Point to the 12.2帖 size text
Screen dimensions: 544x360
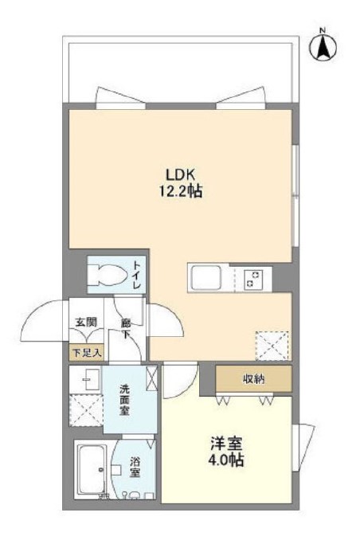pyautogui.click(x=181, y=192)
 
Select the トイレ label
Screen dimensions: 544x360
pyautogui.click(x=137, y=275)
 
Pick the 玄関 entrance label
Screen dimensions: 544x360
pyautogui.click(x=85, y=323)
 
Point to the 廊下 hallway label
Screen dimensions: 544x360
pyautogui.click(x=125, y=329)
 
